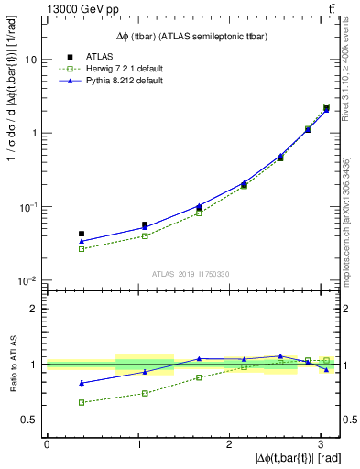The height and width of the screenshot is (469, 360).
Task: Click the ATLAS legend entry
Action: click(101, 55)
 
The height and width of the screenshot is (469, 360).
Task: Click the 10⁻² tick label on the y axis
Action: click(27, 281)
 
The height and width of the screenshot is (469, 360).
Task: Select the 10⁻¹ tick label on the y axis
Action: click(27, 207)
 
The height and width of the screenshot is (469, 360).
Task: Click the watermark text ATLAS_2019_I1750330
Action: click(191, 274)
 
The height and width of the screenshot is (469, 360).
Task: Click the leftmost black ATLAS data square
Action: click(82, 234)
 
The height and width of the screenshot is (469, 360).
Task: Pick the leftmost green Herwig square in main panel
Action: click(82, 249)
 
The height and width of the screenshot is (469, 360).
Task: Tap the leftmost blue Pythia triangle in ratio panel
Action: click(82, 383)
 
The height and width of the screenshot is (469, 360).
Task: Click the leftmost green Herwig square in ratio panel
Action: click(82, 402)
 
